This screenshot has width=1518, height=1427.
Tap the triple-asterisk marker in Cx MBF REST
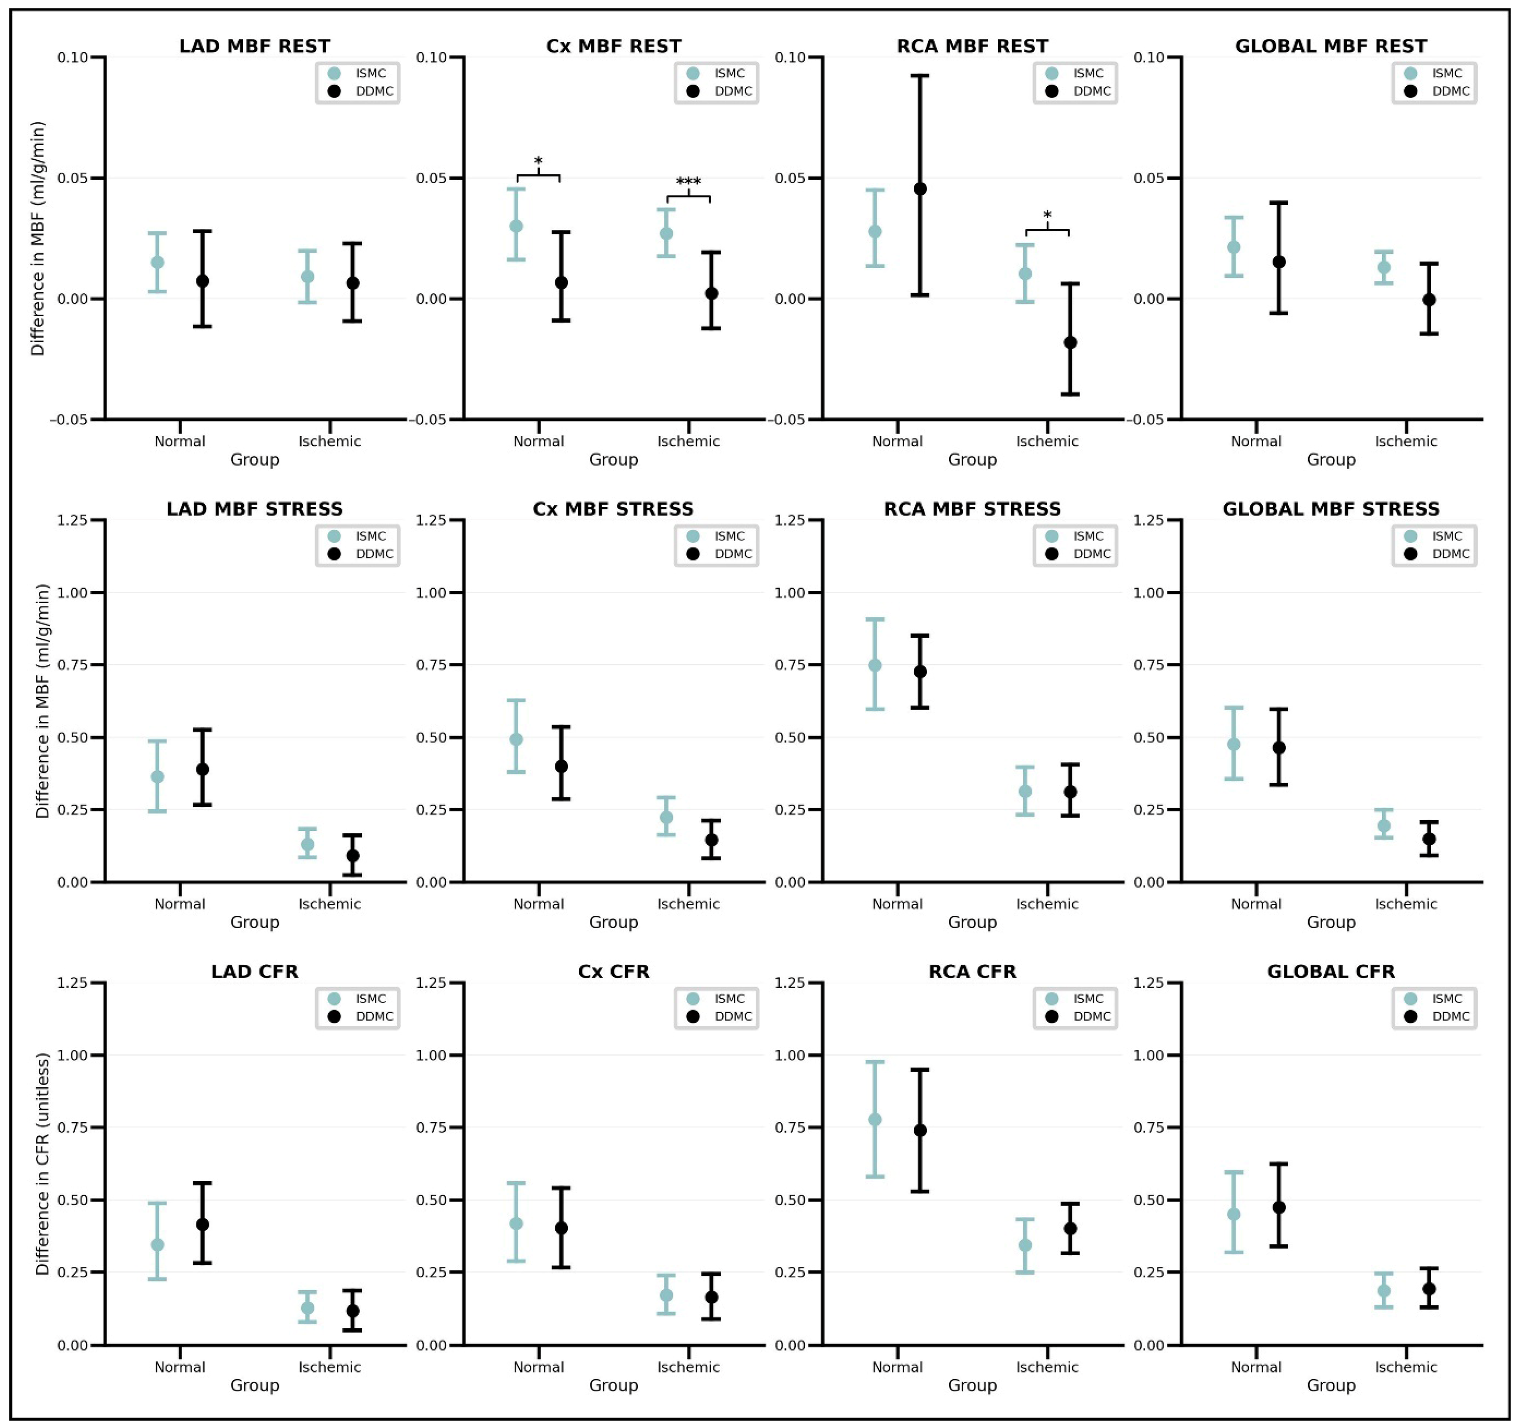click(688, 182)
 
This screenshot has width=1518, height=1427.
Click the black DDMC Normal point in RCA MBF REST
click(920, 189)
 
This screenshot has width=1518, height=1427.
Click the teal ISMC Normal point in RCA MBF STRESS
click(875, 665)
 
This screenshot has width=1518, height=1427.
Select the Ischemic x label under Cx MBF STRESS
click(688, 904)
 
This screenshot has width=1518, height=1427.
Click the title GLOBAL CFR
click(1330, 972)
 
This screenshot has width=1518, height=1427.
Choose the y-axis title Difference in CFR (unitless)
click(42, 1164)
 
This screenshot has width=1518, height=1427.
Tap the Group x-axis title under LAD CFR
click(254, 1385)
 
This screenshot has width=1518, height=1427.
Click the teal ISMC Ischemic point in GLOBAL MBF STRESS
click(1383, 825)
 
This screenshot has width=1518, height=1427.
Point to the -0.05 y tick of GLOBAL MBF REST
click(1148, 420)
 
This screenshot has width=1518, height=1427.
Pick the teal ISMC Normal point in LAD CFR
click(157, 1244)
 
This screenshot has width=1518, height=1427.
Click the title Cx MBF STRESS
click(613, 509)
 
